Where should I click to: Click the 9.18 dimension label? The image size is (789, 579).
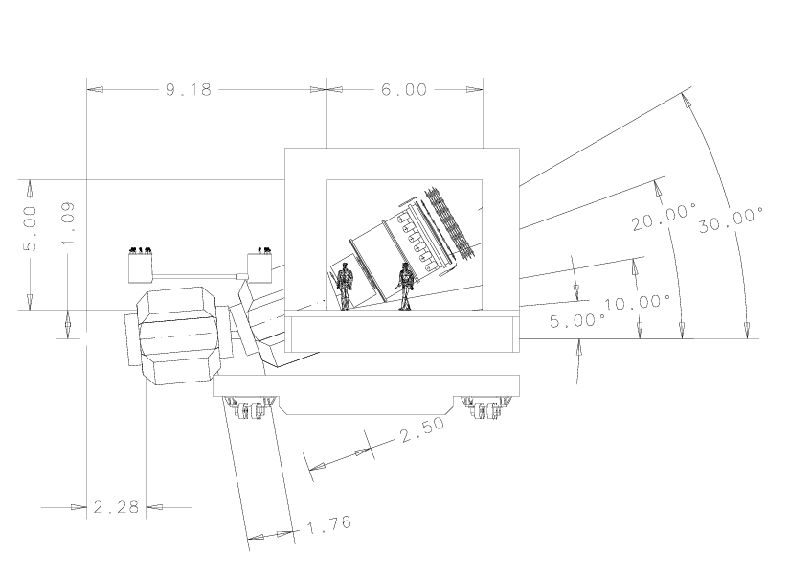point(189,90)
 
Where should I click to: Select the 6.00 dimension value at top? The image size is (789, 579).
point(404,90)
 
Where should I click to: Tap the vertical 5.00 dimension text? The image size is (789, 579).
point(30,228)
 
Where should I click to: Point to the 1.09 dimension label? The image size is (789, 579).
point(67,223)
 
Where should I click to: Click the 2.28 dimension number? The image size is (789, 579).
point(116,507)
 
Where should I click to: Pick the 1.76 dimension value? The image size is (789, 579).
point(328,524)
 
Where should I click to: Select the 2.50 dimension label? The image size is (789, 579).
point(422,428)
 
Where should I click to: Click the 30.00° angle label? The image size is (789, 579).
point(732,220)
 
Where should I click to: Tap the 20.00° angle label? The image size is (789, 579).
point(665,217)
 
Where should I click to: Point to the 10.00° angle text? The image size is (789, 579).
point(638,302)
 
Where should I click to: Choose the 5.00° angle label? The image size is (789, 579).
point(577,320)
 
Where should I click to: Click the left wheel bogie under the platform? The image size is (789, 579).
point(250,407)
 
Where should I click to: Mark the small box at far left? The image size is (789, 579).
point(141,267)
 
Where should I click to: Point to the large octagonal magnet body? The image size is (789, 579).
point(178,336)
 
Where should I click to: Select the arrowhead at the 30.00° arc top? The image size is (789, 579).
point(686,101)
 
